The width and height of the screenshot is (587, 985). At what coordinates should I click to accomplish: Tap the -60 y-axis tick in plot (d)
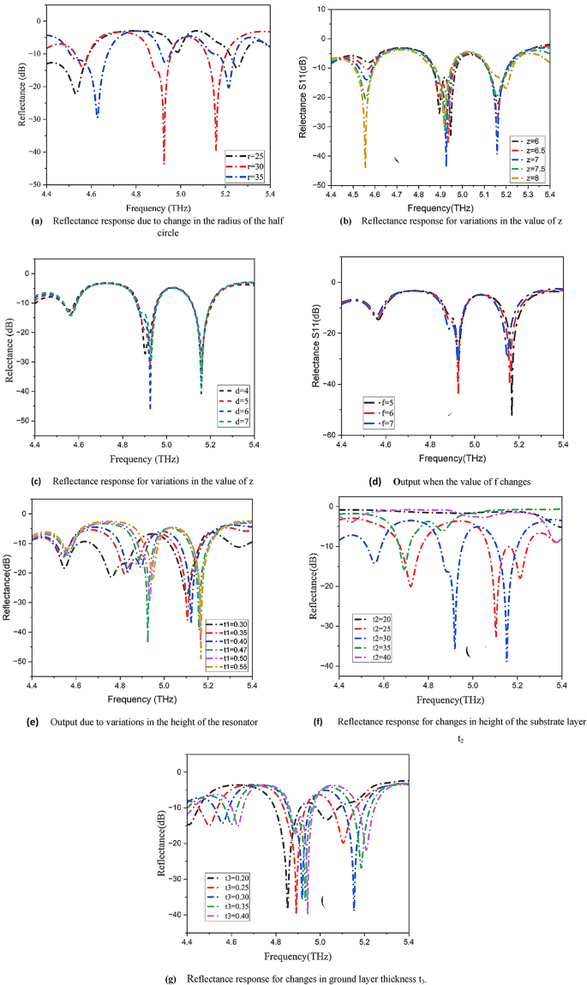[326, 435]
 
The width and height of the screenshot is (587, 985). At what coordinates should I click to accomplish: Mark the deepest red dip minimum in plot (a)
[164, 163]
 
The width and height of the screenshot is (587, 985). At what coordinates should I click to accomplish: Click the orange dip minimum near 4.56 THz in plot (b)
[365, 166]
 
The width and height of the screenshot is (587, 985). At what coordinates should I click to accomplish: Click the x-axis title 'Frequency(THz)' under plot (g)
[297, 954]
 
